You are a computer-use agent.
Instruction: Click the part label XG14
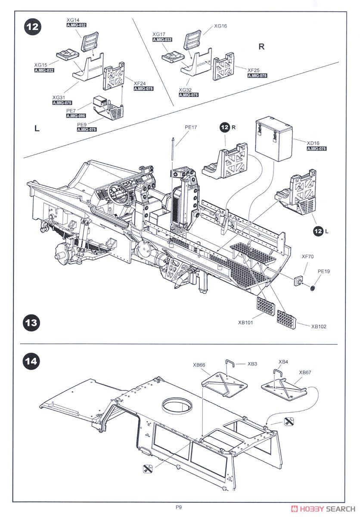[x=74, y=20]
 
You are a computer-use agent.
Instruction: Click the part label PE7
[x=71, y=110]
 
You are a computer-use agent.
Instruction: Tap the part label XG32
[x=185, y=90]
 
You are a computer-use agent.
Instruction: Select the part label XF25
[x=254, y=70]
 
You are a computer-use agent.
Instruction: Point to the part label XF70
[x=307, y=256]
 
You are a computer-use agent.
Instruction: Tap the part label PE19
[x=323, y=271]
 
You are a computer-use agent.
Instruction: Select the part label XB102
[x=319, y=326]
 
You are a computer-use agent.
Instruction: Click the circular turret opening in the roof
[x=177, y=405]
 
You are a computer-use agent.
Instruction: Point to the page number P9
[x=179, y=507]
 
